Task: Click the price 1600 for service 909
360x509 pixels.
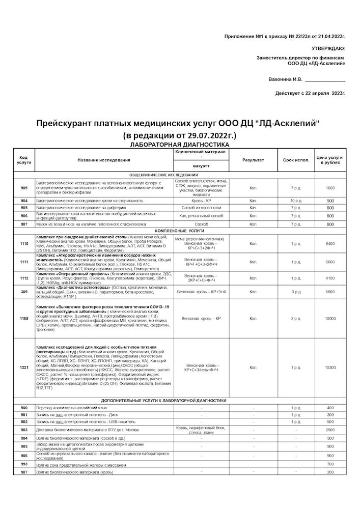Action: point(330,188)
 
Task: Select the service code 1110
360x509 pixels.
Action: point(24,244)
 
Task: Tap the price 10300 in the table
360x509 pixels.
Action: point(330,367)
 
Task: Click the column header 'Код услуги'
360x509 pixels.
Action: point(24,160)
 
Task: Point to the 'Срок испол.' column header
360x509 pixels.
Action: point(296,160)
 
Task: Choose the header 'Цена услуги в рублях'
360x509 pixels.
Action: point(330,160)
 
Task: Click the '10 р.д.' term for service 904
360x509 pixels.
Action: point(296,201)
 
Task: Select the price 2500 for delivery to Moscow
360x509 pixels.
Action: point(330,430)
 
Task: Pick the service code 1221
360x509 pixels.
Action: point(24,367)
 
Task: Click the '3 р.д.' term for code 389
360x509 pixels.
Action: point(296,292)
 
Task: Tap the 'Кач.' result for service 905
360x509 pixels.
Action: point(253,208)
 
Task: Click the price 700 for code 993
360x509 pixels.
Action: point(330,464)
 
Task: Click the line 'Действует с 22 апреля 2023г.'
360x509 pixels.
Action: point(310,93)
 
